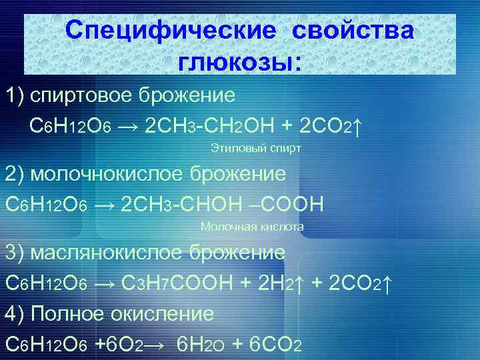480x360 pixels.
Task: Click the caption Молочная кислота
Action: pos(252,227)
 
